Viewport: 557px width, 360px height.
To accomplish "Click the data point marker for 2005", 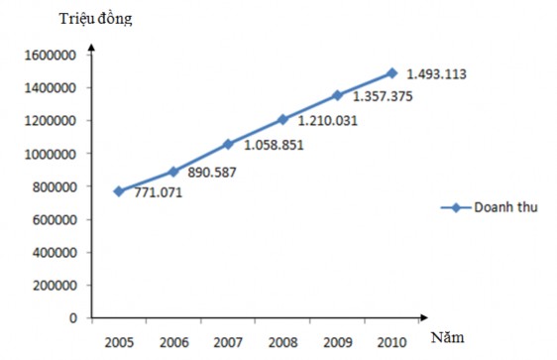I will coord(119,191).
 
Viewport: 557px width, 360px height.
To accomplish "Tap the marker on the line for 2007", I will coord(228,144).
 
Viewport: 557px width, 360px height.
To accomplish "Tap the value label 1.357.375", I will coord(383,96).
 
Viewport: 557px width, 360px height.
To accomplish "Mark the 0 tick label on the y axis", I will coord(74,318).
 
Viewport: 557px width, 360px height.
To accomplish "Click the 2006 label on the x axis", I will coord(173,342).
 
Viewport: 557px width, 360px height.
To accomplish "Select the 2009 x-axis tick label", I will coord(337,342).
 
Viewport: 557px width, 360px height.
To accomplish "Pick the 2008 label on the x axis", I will coord(282,342).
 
